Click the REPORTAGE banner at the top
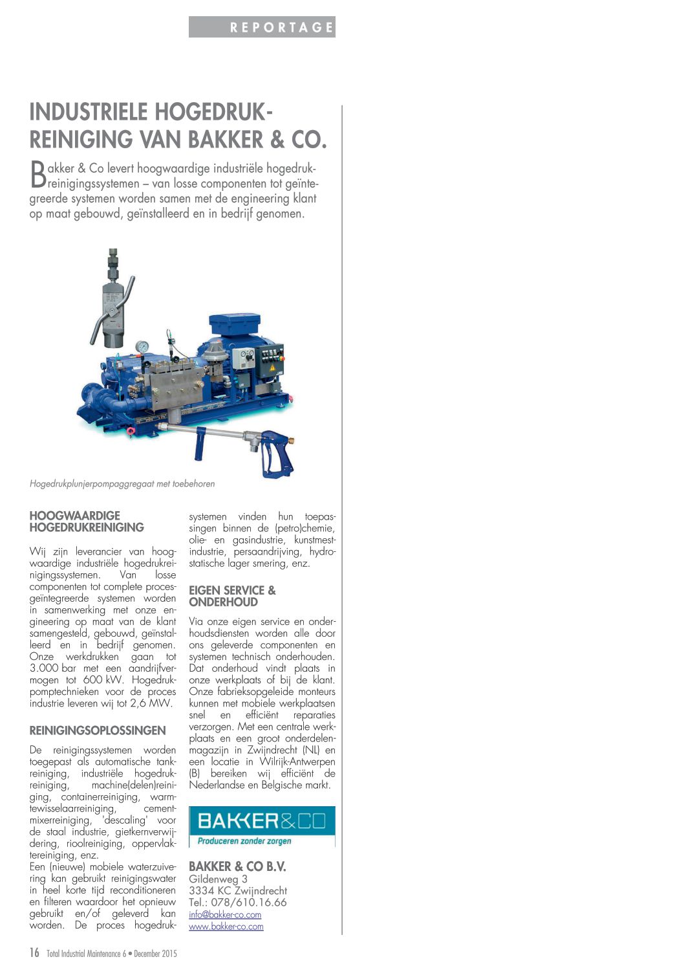point(262,27)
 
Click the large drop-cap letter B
point(38,173)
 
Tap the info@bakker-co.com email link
point(225,914)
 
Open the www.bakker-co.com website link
point(226,926)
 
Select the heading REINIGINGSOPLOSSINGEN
point(98,731)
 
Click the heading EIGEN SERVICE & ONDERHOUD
point(232,596)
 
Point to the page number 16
point(34,952)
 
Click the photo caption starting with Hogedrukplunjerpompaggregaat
point(122,483)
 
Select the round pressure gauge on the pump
point(142,347)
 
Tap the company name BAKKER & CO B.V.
point(237,866)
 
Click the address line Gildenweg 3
point(218,879)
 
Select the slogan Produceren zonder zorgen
point(244,841)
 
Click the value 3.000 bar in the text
point(53,668)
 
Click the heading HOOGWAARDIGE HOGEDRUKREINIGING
point(87,522)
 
